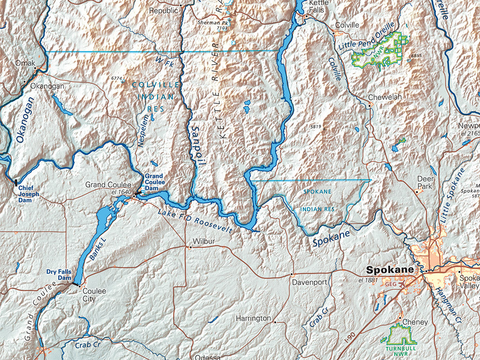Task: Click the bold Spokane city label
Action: (390, 270)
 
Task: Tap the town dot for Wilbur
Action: (190, 247)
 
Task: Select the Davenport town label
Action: (309, 283)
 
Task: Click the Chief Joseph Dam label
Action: (29, 194)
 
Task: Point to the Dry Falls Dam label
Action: (59, 275)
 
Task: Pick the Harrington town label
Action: (253, 318)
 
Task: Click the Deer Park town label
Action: (426, 182)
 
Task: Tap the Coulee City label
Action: (94, 295)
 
